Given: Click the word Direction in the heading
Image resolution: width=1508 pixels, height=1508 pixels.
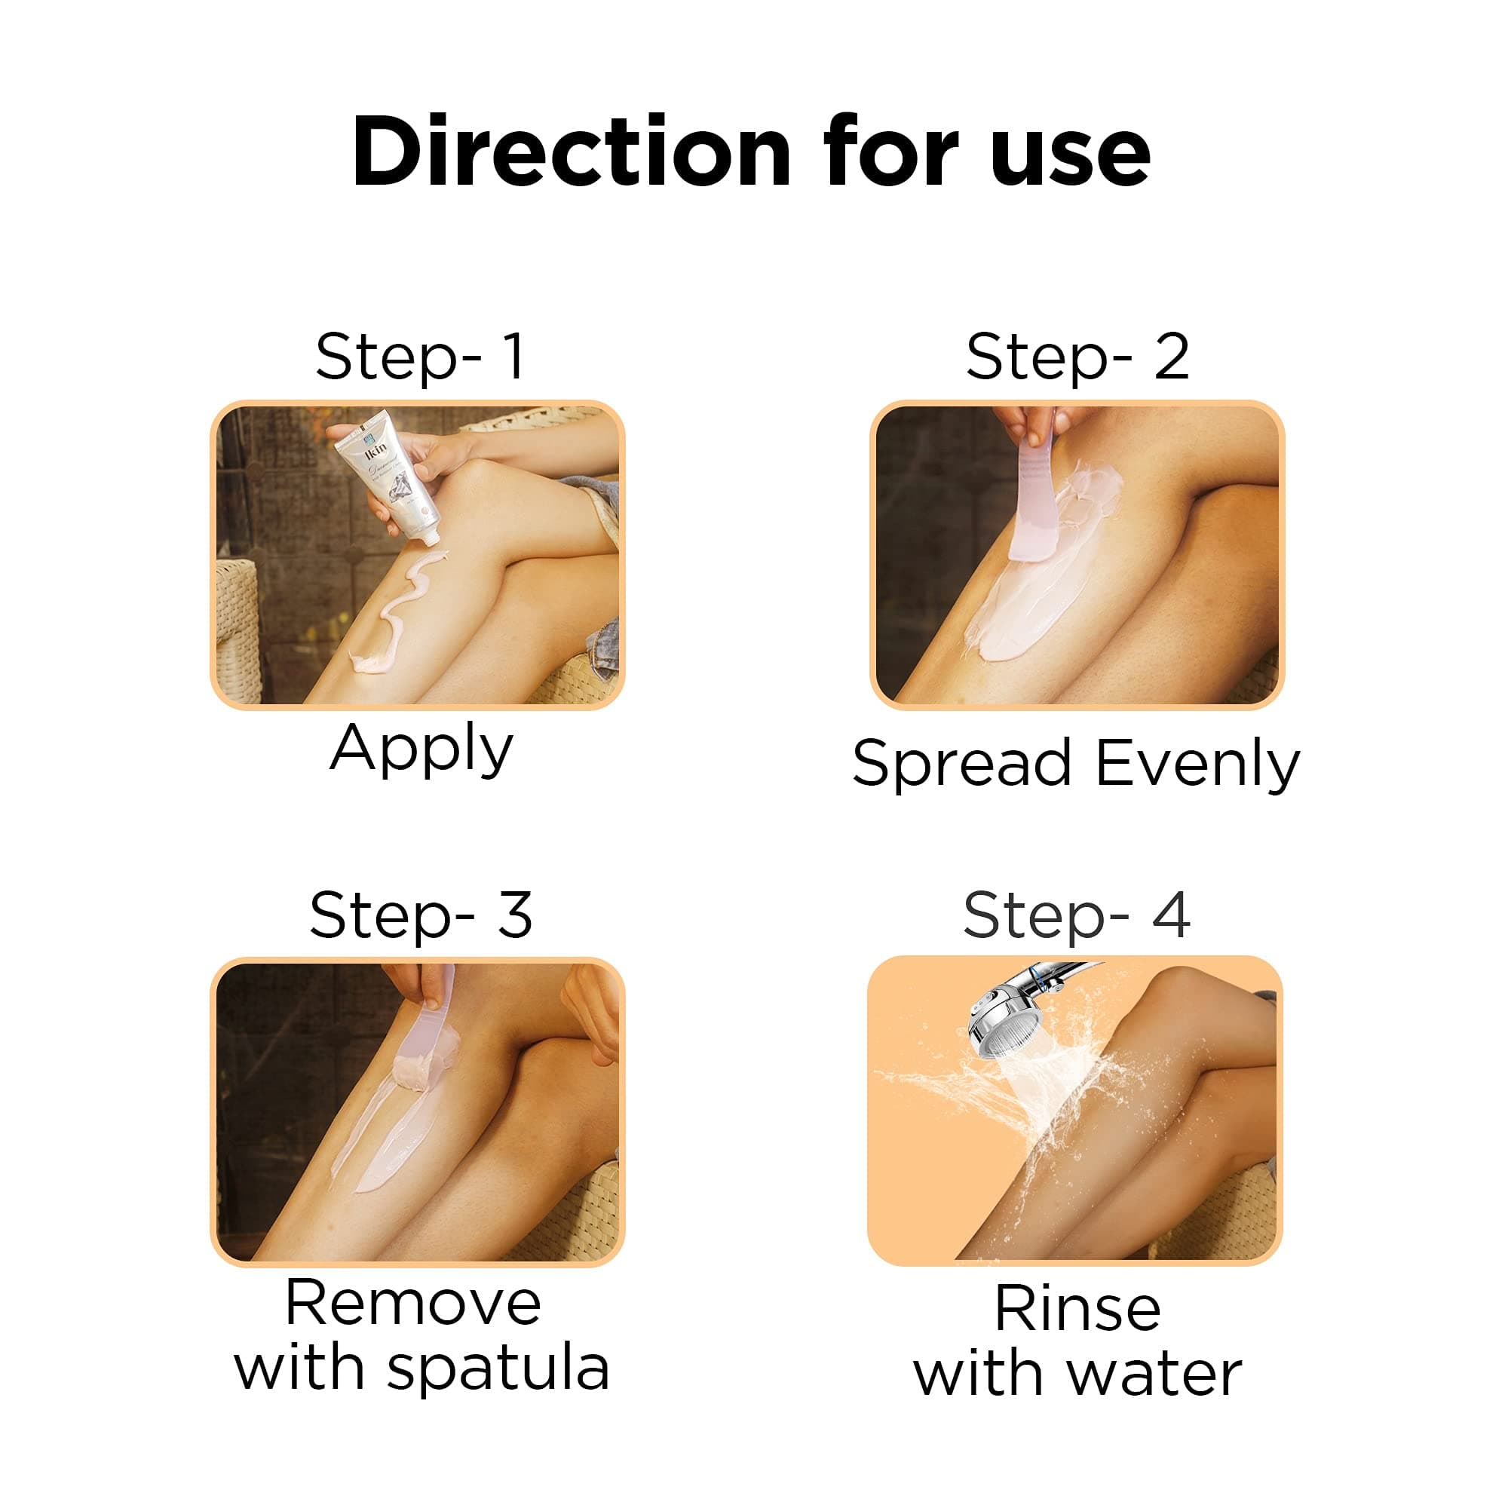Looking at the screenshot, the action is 572,152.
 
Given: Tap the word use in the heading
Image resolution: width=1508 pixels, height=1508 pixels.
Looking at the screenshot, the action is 1070,160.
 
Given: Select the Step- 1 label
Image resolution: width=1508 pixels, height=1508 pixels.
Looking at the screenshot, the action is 420,356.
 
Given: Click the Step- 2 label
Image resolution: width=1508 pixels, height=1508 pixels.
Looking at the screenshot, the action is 1077,356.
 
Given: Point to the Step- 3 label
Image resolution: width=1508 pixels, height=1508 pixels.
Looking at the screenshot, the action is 421,915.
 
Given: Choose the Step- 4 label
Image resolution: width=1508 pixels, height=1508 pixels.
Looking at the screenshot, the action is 1077,915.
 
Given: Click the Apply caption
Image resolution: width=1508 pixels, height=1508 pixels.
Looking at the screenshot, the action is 421,751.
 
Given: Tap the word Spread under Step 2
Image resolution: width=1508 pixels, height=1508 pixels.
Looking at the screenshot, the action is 961,763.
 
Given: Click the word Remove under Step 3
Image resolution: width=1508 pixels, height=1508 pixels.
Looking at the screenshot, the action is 413,1303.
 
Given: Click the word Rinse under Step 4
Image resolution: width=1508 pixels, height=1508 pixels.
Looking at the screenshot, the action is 1077,1308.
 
